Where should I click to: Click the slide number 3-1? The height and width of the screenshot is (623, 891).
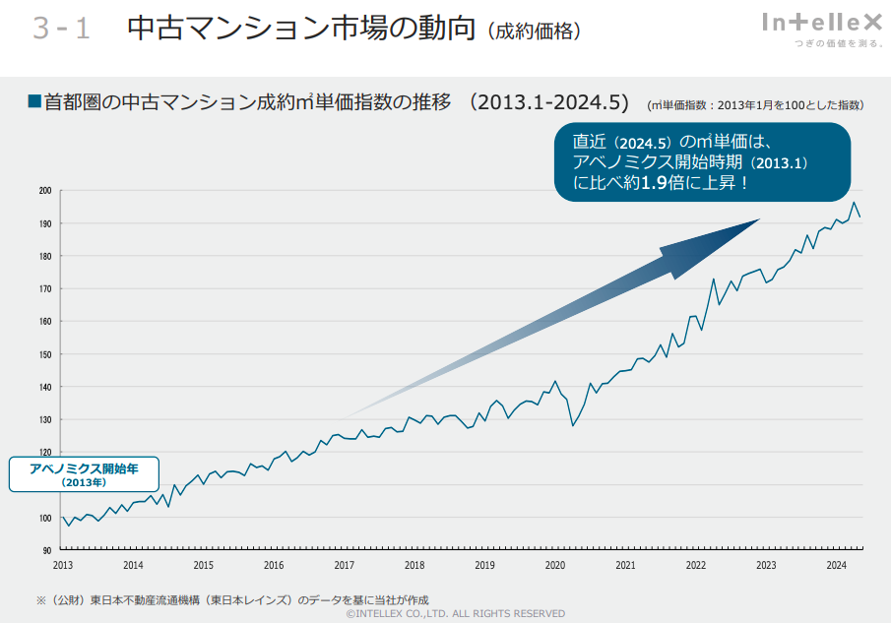[61, 30]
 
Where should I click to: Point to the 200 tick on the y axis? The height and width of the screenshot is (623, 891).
[45, 191]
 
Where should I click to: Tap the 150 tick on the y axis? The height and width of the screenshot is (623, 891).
[45, 354]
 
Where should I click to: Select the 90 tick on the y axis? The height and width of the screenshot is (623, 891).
[46, 550]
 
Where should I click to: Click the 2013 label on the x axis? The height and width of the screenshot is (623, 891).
[62, 565]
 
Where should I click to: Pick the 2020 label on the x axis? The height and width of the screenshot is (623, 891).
[555, 565]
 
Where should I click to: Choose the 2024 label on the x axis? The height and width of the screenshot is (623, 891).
[836, 565]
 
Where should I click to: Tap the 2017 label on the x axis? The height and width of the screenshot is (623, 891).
[344, 565]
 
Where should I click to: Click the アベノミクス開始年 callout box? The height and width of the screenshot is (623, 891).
[84, 474]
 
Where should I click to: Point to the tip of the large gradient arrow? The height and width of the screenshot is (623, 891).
[758, 220]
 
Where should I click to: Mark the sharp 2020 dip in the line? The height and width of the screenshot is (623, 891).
[572, 425]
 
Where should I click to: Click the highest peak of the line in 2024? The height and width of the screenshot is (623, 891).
[854, 203]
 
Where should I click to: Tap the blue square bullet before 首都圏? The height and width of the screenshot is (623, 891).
[33, 101]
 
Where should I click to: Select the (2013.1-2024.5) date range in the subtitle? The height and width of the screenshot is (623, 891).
[549, 102]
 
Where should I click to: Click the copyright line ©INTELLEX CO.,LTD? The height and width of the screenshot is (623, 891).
[456, 613]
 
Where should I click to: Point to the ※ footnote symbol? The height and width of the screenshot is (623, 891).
[41, 599]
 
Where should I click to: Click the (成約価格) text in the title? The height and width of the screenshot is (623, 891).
[534, 31]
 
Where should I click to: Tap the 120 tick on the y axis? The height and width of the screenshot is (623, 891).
[45, 452]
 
